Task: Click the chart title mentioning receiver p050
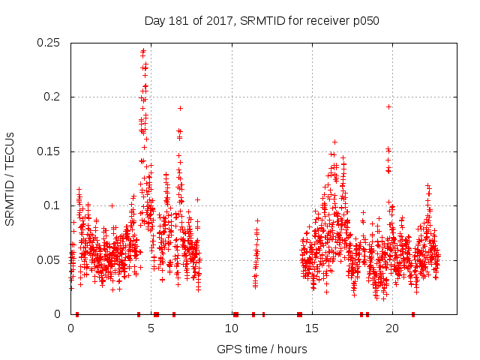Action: (x=262, y=21)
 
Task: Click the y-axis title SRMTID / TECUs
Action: (x=10, y=178)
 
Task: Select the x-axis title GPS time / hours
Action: (x=262, y=349)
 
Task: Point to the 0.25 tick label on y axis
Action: (x=50, y=43)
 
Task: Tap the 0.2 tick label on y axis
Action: (x=54, y=97)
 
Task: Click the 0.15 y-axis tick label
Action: (x=50, y=151)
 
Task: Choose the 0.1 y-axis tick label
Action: (x=54, y=205)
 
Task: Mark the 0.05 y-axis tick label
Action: (x=50, y=260)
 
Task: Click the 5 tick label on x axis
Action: (x=151, y=328)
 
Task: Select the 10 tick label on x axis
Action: (x=231, y=328)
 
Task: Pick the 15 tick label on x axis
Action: (x=311, y=328)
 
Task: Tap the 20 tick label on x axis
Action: (x=391, y=328)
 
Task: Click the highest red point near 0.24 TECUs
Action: (x=144, y=50)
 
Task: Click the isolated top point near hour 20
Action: (x=388, y=106)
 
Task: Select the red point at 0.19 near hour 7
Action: (x=180, y=108)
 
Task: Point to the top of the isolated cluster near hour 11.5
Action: (x=257, y=220)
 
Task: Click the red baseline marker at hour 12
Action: (x=263, y=314)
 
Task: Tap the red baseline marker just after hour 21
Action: (x=412, y=314)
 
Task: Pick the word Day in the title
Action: (x=154, y=21)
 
